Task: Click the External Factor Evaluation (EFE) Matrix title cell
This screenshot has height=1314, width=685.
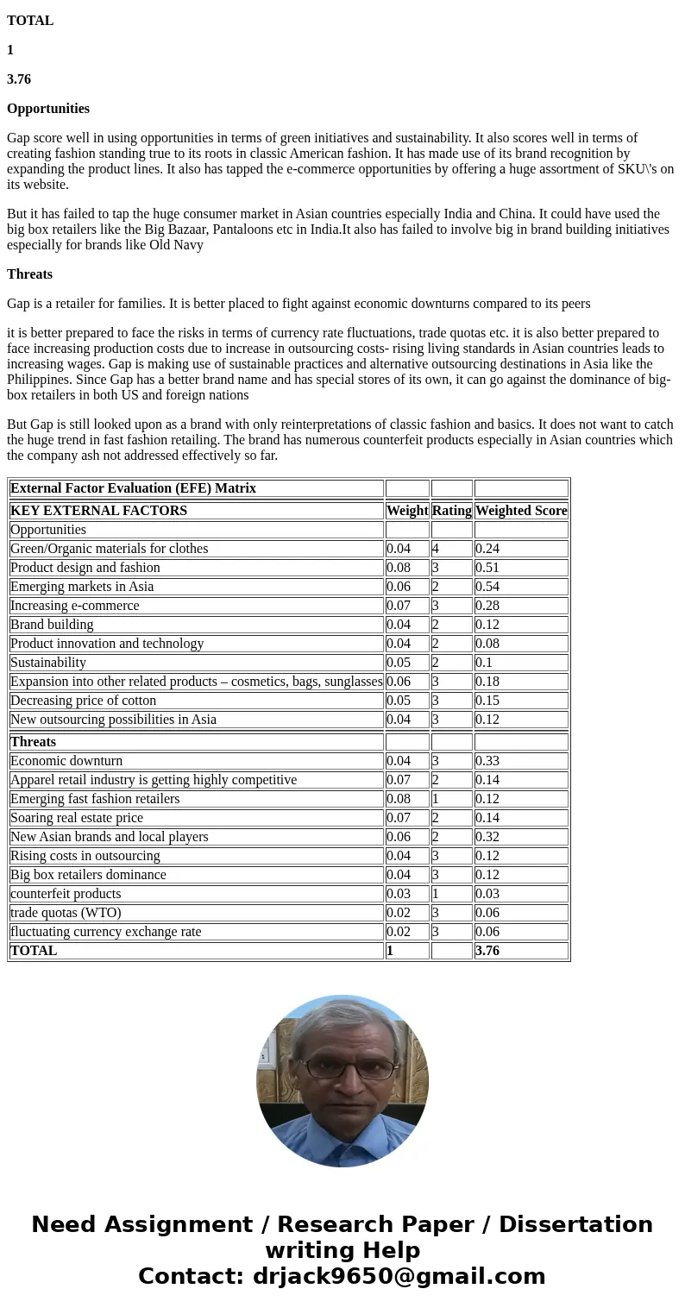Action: tap(133, 488)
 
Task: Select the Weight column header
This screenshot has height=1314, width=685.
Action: tap(406, 511)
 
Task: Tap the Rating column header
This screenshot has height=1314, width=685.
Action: tap(451, 511)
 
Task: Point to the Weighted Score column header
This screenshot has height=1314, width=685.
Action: tap(520, 511)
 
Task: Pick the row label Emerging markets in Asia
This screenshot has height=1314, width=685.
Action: tap(82, 587)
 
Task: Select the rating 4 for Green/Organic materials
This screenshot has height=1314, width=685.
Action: tap(436, 549)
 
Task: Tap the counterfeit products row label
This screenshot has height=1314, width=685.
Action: tap(66, 894)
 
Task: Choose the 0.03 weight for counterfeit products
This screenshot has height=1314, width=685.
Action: tap(399, 894)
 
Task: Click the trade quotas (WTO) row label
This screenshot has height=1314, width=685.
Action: tap(66, 913)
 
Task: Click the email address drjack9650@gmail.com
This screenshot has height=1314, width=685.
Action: tap(399, 1277)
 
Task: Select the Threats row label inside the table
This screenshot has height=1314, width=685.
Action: tap(33, 742)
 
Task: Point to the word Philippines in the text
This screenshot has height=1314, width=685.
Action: tap(37, 380)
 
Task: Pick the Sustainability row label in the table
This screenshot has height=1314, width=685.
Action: tap(48, 663)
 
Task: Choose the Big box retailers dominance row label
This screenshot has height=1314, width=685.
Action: tap(88, 875)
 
